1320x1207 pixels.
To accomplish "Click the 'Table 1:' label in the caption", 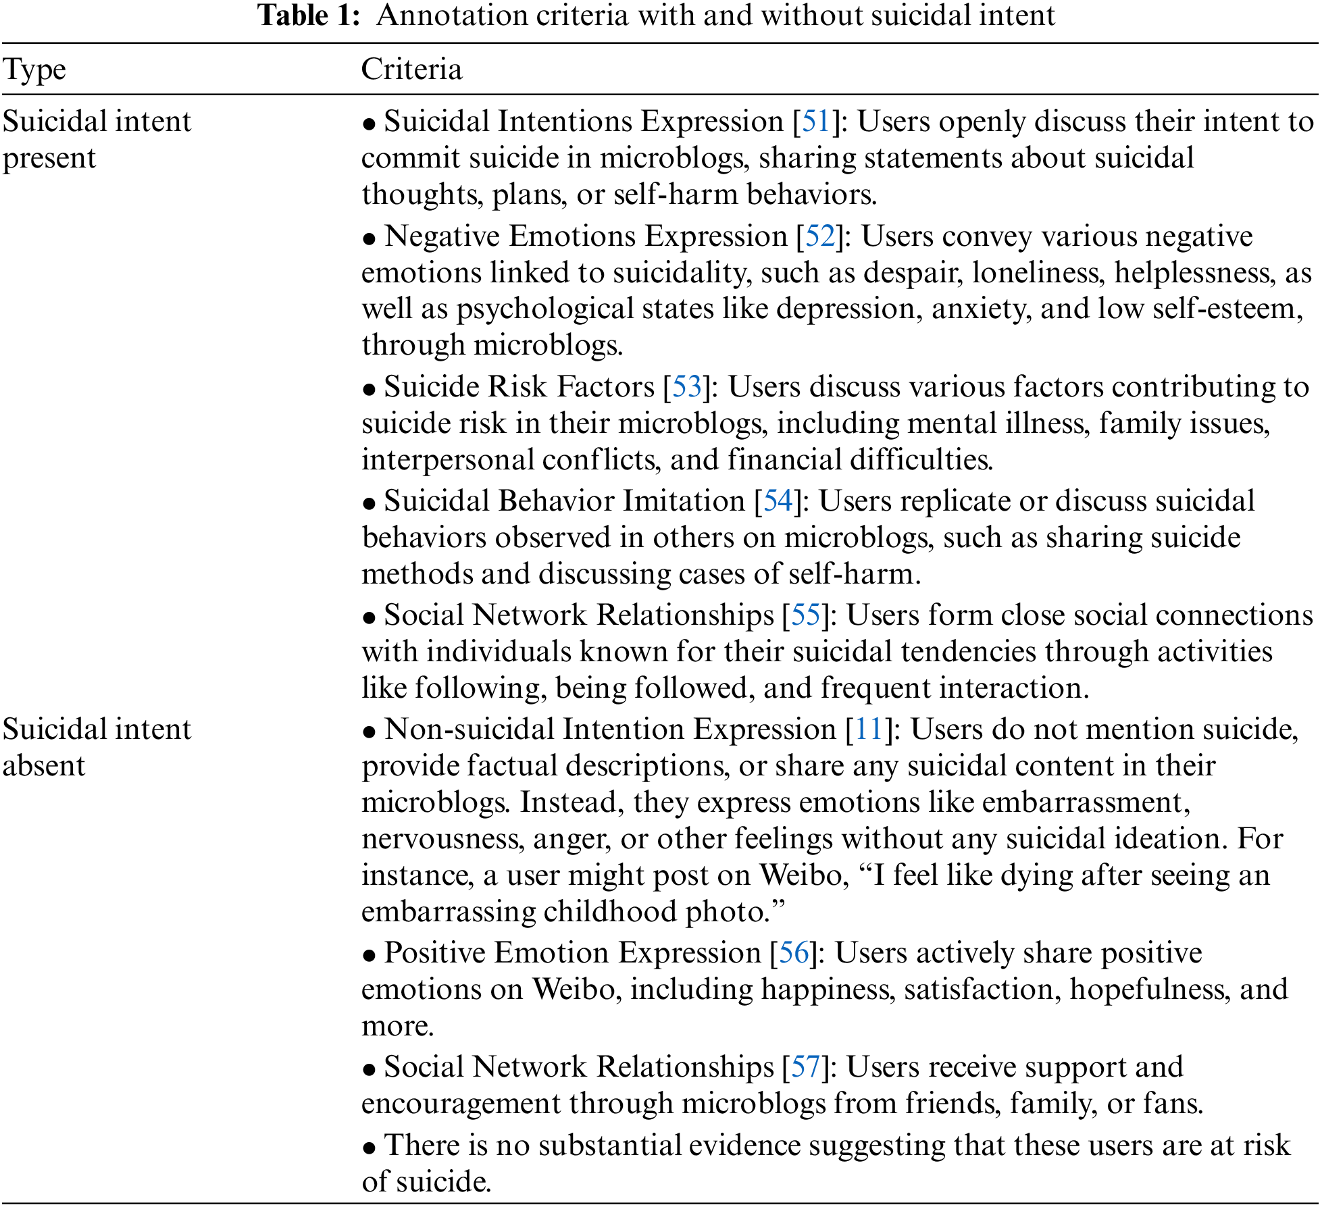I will pos(309,15).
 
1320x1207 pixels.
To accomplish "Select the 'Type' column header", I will pos(34,70).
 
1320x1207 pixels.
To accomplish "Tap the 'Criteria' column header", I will pos(411,70).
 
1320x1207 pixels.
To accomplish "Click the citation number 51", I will pos(815,122).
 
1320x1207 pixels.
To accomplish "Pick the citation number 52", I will pos(820,236).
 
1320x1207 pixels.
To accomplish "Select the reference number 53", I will pos(687,387).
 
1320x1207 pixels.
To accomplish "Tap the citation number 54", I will pos(778,501).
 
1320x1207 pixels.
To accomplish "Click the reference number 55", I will pos(805,615).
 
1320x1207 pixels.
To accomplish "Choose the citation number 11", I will pos(869,729).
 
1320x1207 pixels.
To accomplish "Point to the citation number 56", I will pos(794,953).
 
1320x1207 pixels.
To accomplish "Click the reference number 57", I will pos(805,1067).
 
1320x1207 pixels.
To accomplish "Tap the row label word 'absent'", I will pos(44,767).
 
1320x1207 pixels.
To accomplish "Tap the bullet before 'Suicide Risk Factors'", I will pos(369,390).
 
